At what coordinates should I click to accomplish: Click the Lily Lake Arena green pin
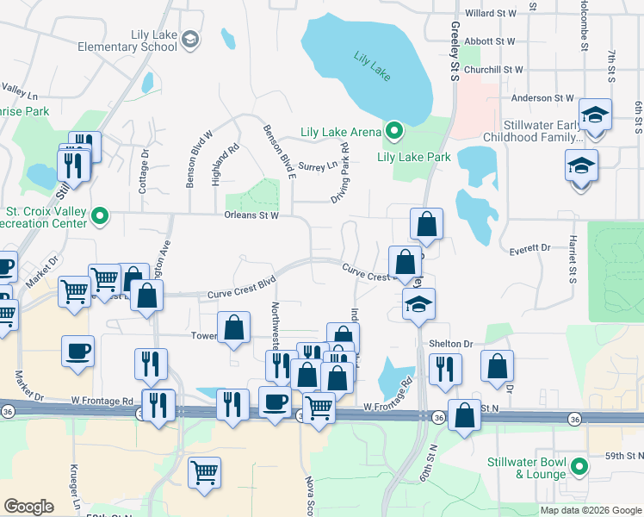pyautogui.click(x=394, y=132)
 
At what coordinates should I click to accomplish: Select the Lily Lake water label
pyautogui.click(x=372, y=65)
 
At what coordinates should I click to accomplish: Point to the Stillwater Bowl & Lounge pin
pyautogui.click(x=580, y=468)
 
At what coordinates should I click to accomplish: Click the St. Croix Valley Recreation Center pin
pyautogui.click(x=101, y=215)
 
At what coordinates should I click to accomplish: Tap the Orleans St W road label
pyautogui.click(x=251, y=215)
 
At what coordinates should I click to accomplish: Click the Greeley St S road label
pyautogui.click(x=454, y=52)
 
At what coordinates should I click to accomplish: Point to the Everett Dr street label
pyautogui.click(x=529, y=247)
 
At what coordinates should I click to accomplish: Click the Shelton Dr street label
pyautogui.click(x=451, y=343)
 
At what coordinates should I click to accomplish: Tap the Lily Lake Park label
pyautogui.click(x=414, y=157)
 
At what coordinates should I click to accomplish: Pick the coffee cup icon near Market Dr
pyautogui.click(x=77, y=351)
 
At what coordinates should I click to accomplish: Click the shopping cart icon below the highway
pyautogui.click(x=205, y=470)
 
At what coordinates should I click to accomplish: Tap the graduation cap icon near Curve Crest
pyautogui.click(x=419, y=304)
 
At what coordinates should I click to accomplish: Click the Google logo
pyautogui.click(x=29, y=507)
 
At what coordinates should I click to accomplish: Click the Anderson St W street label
pyautogui.click(x=542, y=98)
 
